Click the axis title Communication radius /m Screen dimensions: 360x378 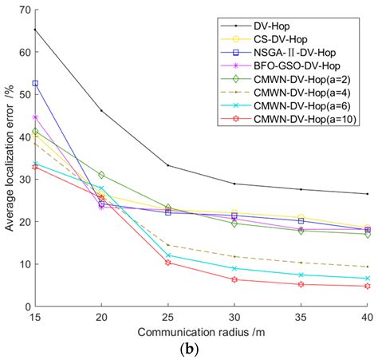(201, 331)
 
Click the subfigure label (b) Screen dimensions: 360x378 (201, 350)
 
